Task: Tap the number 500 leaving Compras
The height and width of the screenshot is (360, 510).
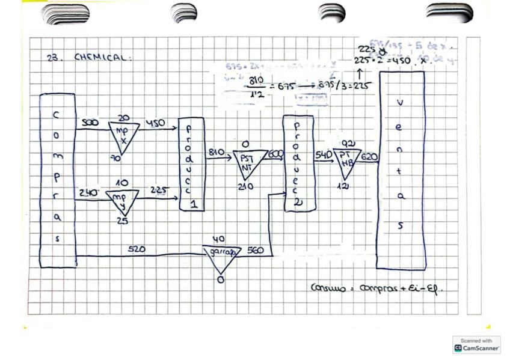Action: [90, 123]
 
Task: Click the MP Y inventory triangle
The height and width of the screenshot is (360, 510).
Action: [122, 201]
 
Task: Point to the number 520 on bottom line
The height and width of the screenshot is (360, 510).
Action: [137, 249]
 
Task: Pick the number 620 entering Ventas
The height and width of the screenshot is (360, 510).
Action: [369, 157]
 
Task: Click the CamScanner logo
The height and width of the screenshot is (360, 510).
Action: [476, 344]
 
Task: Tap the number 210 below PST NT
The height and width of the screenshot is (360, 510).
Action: [246, 187]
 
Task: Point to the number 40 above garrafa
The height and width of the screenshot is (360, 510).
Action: [221, 239]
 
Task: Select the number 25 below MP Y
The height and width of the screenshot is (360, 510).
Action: [123, 221]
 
